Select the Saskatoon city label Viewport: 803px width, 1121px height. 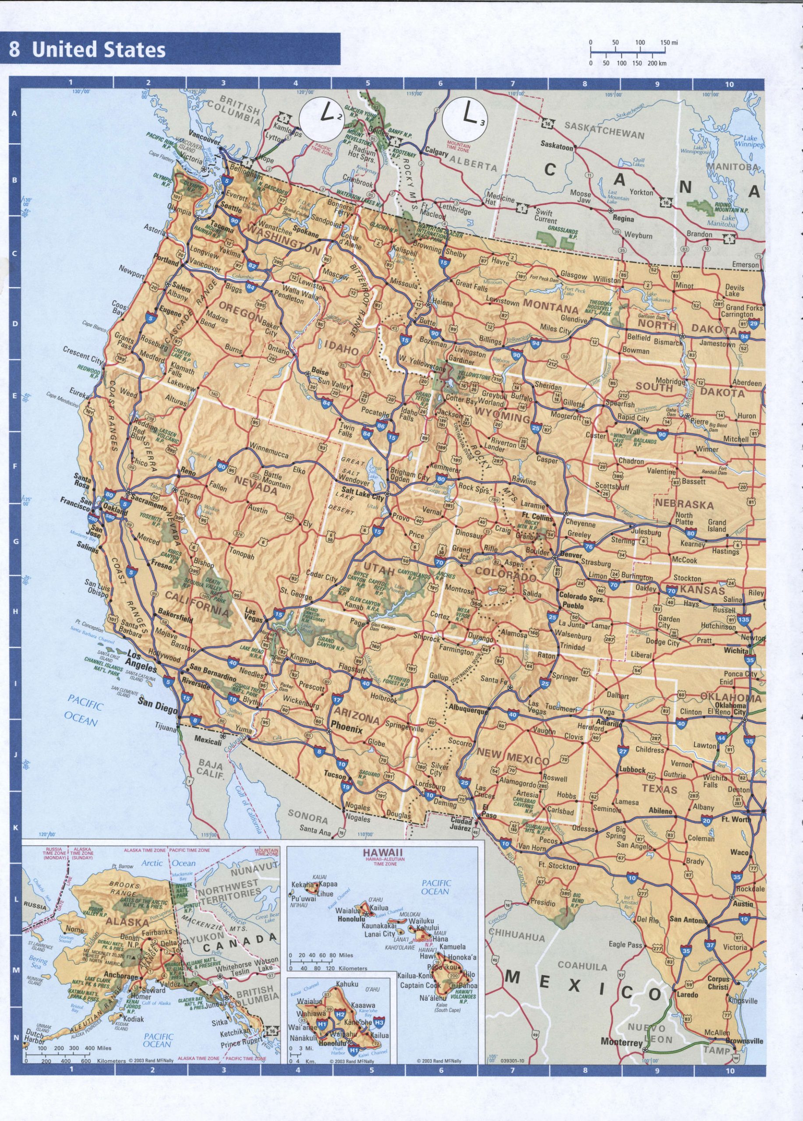pos(556,147)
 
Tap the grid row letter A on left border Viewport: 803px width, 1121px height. pos(14,113)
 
